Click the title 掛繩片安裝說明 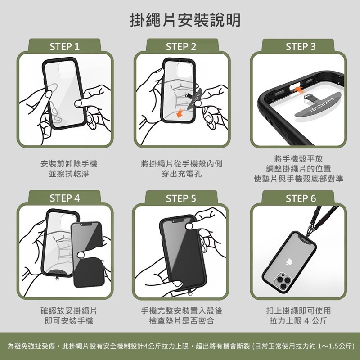click(x=185, y=20)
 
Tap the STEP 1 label click(x=64, y=47)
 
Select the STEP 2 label click(x=181, y=47)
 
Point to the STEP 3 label click(x=301, y=47)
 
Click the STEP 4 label click(x=64, y=198)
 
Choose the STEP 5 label click(x=181, y=198)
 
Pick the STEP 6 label click(x=301, y=198)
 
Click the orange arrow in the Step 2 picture click(x=180, y=113)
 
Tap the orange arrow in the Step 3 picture click(x=298, y=90)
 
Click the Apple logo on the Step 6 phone click(x=289, y=262)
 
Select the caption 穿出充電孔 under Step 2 click(x=181, y=174)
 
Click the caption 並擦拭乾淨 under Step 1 click(x=69, y=174)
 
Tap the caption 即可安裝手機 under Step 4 click(x=69, y=320)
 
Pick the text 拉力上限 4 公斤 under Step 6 click(x=298, y=320)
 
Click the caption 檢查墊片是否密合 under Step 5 click(x=181, y=320)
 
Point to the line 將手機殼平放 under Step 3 click(x=298, y=159)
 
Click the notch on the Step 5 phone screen click(x=178, y=220)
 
